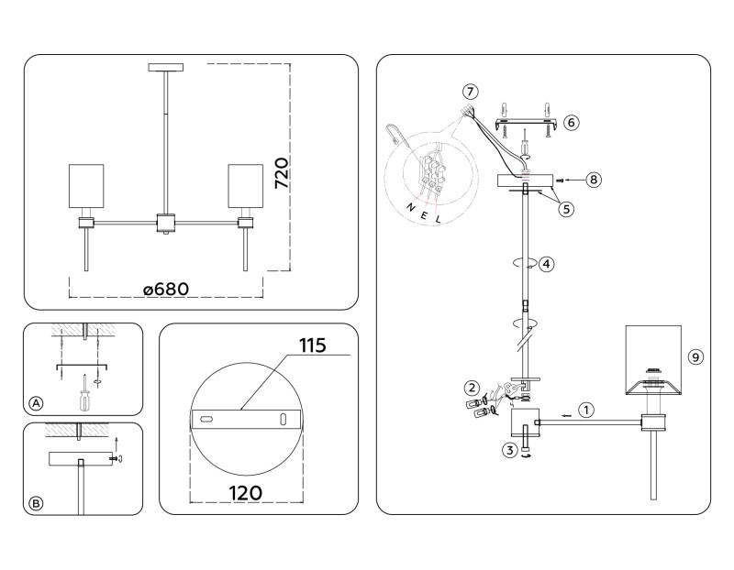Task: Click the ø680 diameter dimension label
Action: [x=166, y=289]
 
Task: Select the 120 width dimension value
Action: [x=244, y=492]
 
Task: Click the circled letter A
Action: [x=36, y=403]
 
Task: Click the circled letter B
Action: [x=36, y=502]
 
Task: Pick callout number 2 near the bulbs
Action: [x=472, y=387]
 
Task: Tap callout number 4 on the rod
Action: [x=546, y=264]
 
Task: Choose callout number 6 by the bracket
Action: [x=571, y=121]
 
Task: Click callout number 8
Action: [x=594, y=180]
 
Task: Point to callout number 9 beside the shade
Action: [x=695, y=357]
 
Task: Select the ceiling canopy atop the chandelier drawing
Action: [x=166, y=67]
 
